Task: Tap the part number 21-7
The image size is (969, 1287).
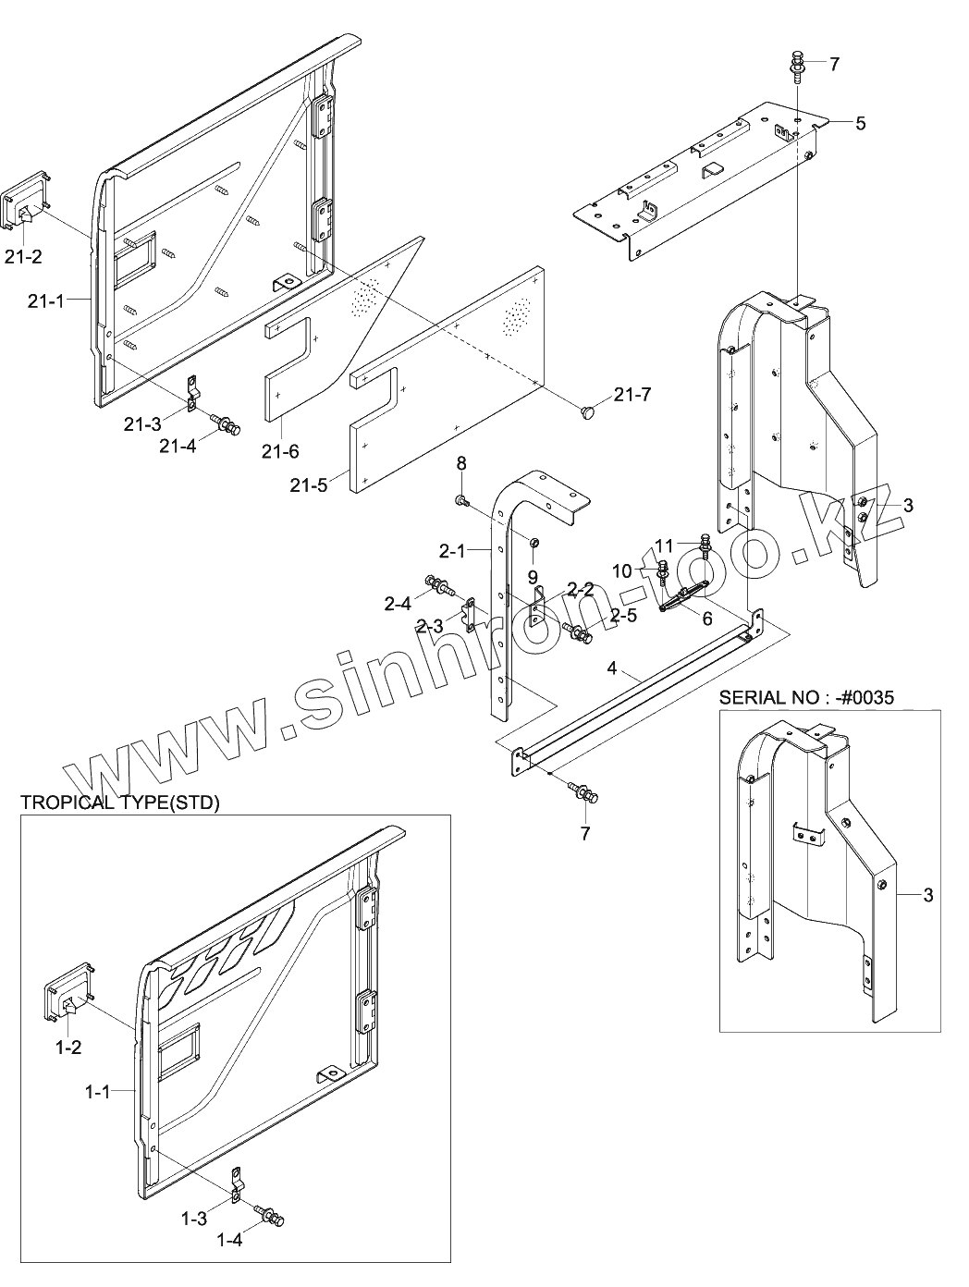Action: pos(632,396)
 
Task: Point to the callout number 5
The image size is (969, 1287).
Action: pos(860,123)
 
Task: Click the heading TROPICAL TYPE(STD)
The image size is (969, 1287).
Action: pos(120,803)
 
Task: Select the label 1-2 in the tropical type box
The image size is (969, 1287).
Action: pos(68,1048)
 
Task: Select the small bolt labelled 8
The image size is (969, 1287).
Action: pos(461,500)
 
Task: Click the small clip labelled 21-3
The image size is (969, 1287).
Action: pos(192,391)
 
